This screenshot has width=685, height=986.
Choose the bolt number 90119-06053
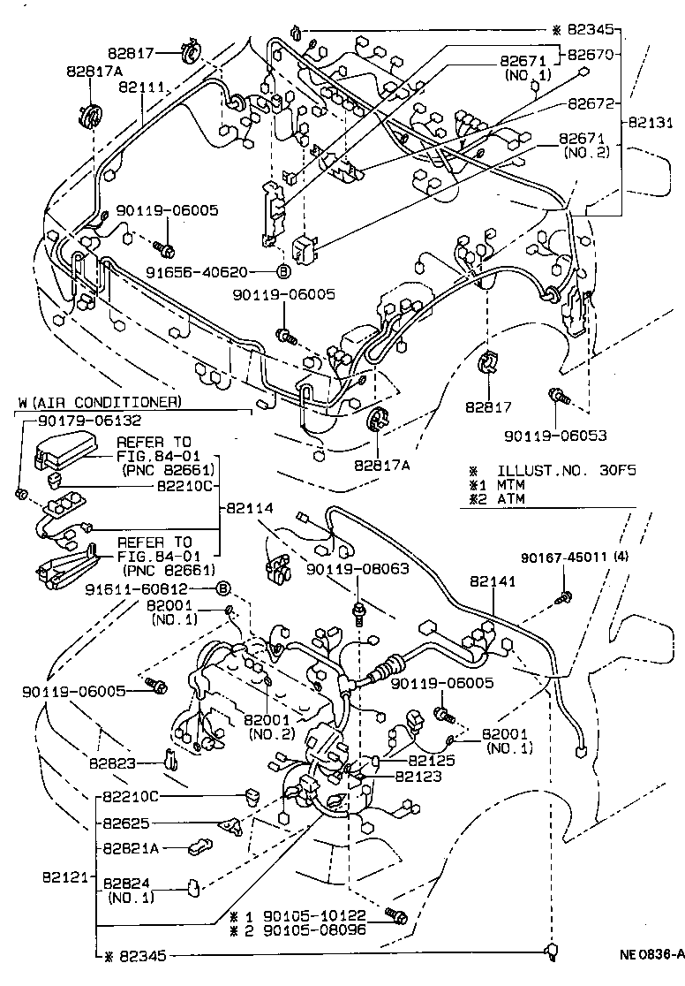tap(556, 436)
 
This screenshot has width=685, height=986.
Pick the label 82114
tap(251, 508)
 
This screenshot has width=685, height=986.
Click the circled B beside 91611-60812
tap(223, 588)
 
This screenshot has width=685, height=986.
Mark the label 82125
tap(433, 760)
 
